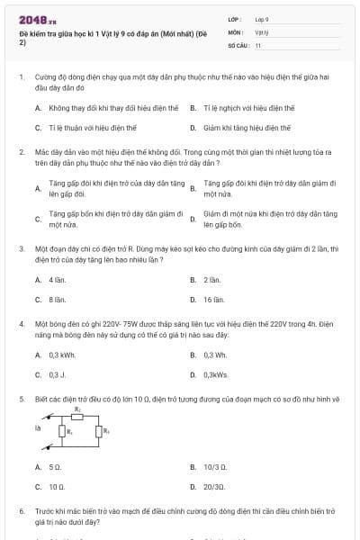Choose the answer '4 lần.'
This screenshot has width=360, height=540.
(57, 280)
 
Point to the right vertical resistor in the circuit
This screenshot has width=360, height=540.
(99, 431)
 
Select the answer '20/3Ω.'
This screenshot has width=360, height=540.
(216, 486)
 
